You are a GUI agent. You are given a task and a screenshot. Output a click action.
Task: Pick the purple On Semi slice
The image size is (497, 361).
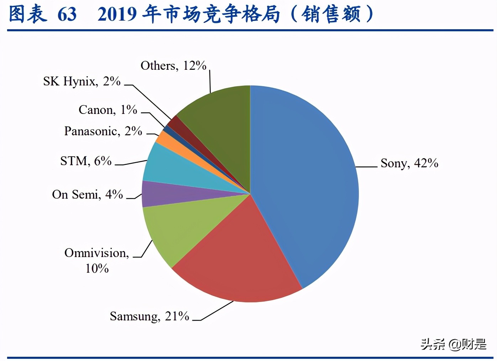pyautogui.click(x=160, y=194)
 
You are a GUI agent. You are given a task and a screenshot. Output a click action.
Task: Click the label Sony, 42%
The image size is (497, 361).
pyautogui.click(x=409, y=163)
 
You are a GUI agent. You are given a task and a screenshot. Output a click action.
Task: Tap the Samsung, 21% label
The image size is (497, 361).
pyautogui.click(x=149, y=316)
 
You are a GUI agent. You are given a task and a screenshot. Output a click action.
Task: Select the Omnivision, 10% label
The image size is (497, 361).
pyautogui.click(x=96, y=260)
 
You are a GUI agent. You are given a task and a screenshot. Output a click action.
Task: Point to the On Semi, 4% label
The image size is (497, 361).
pyautogui.click(x=87, y=194)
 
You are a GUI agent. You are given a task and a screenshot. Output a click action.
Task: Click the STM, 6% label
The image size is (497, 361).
pyautogui.click(x=86, y=161)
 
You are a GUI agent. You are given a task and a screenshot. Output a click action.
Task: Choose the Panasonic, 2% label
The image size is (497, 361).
pyautogui.click(x=103, y=131)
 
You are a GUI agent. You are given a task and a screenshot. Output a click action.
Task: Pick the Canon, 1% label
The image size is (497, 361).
pyautogui.click(x=108, y=110)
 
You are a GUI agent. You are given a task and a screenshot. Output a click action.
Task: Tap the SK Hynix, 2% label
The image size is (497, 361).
pyautogui.click(x=82, y=81)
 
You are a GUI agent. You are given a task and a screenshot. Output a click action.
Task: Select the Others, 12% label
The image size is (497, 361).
pyautogui.click(x=173, y=66)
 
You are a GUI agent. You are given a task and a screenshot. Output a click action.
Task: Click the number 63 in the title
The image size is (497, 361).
pyautogui.click(x=67, y=14)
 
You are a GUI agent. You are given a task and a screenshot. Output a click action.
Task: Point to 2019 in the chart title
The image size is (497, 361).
pyautogui.click(x=117, y=14)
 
